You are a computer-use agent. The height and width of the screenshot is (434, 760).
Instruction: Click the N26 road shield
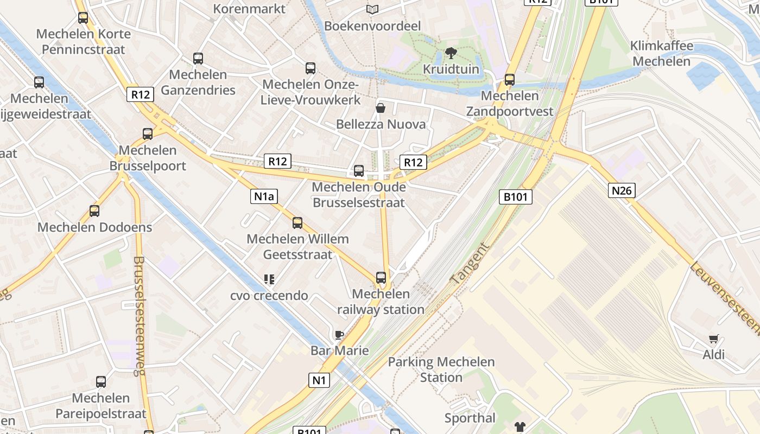pyautogui.click(x=622, y=190)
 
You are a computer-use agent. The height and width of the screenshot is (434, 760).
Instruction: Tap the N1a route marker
pyautogui.click(x=264, y=196)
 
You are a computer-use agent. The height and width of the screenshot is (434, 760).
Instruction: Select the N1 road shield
pyautogui.click(x=319, y=380)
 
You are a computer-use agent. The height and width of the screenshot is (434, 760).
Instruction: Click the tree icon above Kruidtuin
pyautogui.click(x=451, y=53)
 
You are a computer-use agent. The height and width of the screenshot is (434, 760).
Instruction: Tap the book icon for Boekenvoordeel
pyautogui.click(x=372, y=10)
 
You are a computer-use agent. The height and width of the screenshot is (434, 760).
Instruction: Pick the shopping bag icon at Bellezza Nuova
pyautogui.click(x=381, y=108)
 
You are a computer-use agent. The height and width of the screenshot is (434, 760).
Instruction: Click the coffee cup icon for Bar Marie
pyautogui.click(x=339, y=335)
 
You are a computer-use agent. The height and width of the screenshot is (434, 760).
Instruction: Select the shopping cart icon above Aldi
pyautogui.click(x=714, y=339)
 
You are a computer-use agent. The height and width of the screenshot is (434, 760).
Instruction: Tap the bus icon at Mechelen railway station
pyautogui.click(x=381, y=278)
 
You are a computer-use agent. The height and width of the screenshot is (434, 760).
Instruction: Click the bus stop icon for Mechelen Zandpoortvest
pyautogui.click(x=509, y=80)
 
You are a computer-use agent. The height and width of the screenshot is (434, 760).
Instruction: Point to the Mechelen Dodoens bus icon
pyautogui.click(x=94, y=211)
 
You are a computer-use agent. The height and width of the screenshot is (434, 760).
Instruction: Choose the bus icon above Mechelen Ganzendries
pyautogui.click(x=198, y=59)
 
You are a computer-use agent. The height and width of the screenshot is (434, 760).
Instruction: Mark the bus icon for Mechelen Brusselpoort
pyautogui.click(x=148, y=133)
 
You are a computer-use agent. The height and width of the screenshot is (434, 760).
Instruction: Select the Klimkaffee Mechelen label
pyautogui.click(x=662, y=53)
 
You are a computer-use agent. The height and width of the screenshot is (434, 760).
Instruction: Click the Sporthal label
pyautogui.click(x=470, y=418)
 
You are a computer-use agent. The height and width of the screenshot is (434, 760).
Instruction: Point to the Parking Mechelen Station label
pyautogui.click(x=441, y=369)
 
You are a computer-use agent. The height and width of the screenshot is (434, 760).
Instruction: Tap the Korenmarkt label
pyautogui.click(x=249, y=9)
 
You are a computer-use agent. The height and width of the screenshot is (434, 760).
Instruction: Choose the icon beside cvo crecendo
pyautogui.click(x=269, y=279)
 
